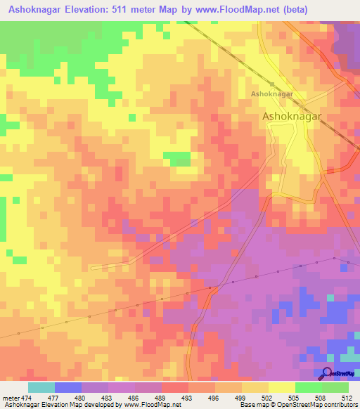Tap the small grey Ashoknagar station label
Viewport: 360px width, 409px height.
[272, 93]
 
